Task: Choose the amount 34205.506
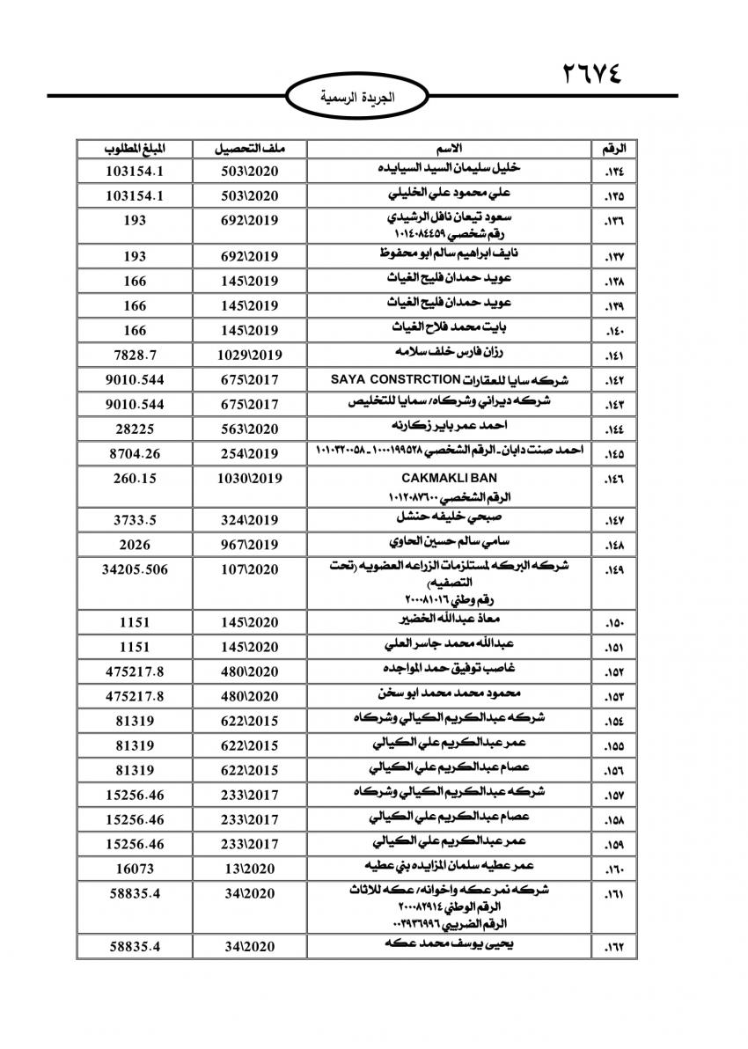pyautogui.click(x=135, y=569)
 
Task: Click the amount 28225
pyautogui.click(x=135, y=429)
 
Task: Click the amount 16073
pyautogui.click(x=135, y=868)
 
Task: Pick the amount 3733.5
pyautogui.click(x=135, y=519)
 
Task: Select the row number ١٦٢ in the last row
pyautogui.click(x=614, y=948)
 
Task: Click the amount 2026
pyautogui.click(x=135, y=544)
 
